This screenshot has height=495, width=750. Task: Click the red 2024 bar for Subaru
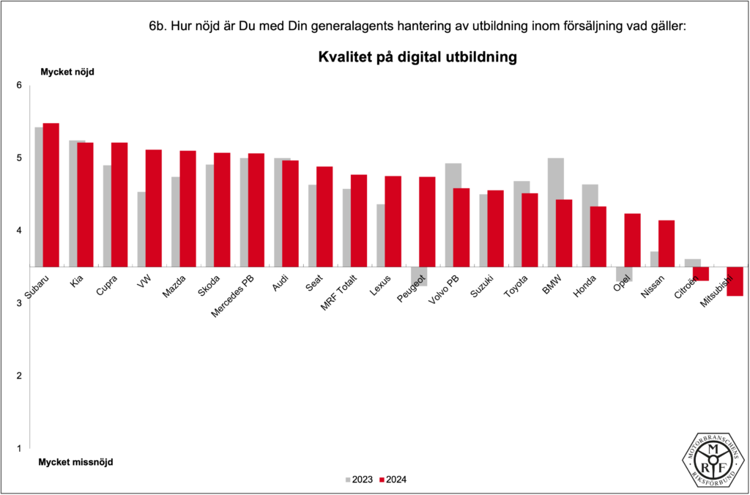[51, 195]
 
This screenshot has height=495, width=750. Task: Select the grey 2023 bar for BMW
[556, 212]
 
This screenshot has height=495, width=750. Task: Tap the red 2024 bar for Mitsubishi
[735, 281]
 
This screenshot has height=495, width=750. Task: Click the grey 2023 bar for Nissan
[654, 259]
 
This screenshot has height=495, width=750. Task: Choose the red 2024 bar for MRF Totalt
[359, 220]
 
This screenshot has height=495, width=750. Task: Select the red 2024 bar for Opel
[632, 240]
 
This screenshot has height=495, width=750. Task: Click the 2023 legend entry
[358, 480]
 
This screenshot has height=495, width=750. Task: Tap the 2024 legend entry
[393, 480]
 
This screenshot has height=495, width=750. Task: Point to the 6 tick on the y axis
[20, 86]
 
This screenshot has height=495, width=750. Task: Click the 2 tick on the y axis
[20, 376]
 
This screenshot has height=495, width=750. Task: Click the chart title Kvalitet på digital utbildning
[417, 57]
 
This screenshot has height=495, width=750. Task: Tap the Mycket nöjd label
[67, 72]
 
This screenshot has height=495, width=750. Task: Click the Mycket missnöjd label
[75, 462]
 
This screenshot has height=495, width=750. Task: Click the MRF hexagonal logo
[713, 460]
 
